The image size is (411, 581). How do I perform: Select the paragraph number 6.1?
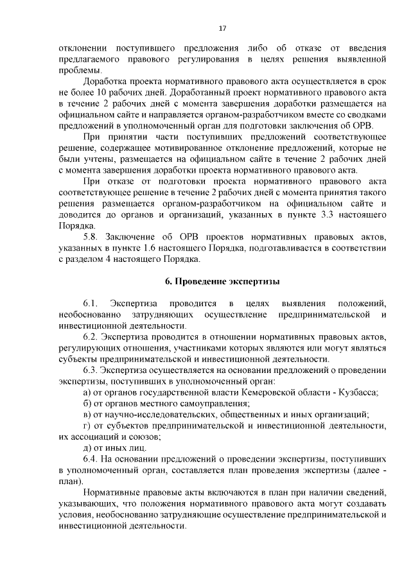click(90, 302)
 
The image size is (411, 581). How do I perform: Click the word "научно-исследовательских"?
click(151, 415)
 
